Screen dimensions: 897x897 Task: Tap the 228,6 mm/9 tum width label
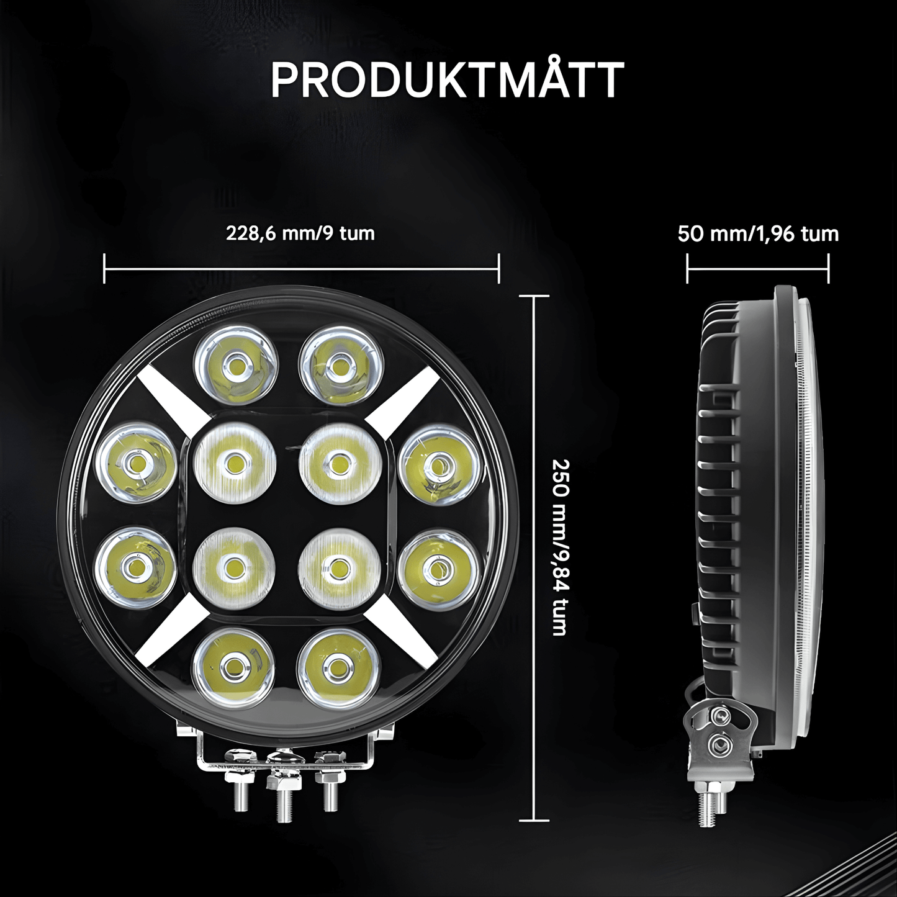coord(300,233)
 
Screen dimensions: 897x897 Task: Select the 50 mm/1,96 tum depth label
coord(758,234)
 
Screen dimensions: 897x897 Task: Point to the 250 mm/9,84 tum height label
coord(560,547)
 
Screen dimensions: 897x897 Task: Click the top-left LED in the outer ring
coord(235,364)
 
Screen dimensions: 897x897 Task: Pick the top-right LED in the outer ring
coord(338,364)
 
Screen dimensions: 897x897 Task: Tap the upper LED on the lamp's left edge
coord(135,462)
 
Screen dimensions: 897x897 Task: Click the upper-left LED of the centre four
coord(234,462)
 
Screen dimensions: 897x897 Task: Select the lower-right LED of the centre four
coord(338,566)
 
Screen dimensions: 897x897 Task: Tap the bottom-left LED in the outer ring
coord(234,667)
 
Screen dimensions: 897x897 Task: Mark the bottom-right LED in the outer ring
coord(338,667)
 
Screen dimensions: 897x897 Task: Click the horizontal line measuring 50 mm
coord(758,269)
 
